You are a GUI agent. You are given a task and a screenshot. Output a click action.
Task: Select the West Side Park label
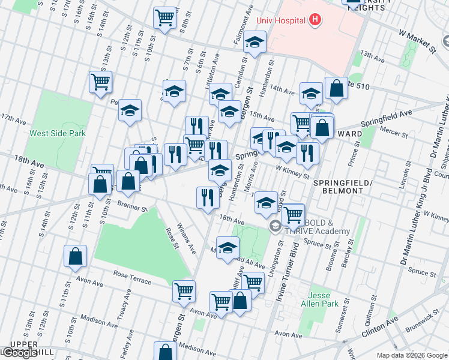point(58,134)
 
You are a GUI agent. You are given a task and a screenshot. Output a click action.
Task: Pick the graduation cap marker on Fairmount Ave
point(255,43)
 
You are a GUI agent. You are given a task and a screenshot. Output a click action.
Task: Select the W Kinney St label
point(292,171)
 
